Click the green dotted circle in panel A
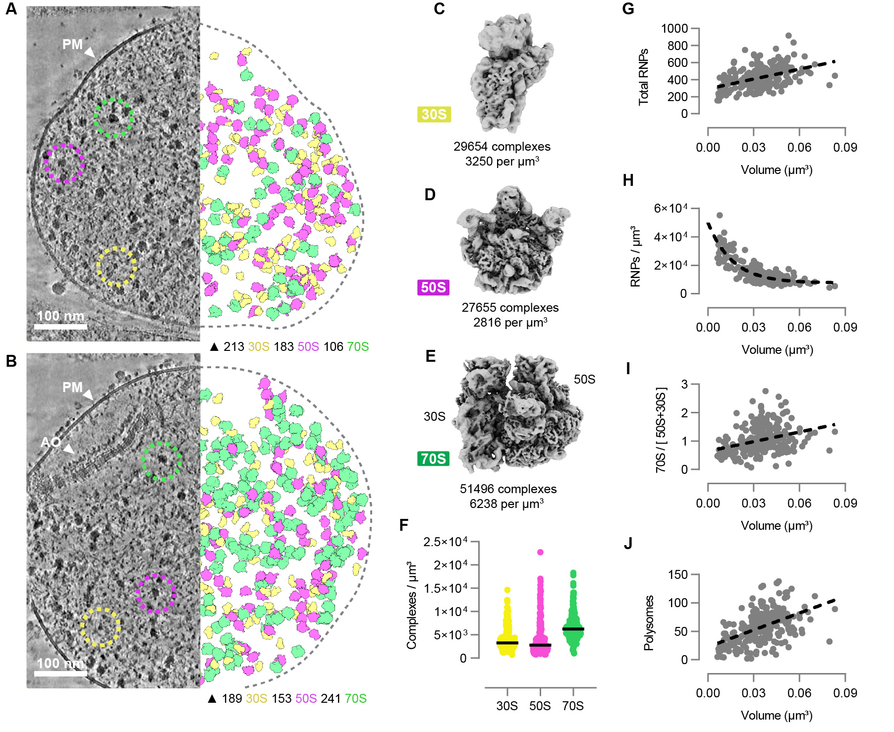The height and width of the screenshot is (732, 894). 113,117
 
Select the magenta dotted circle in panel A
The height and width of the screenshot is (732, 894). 64,163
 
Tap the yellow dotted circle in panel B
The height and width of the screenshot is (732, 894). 101,627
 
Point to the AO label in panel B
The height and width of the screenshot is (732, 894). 51,442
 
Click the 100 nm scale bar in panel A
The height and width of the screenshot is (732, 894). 60,326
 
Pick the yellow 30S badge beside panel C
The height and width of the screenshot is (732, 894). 434,114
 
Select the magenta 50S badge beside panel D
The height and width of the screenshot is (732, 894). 434,287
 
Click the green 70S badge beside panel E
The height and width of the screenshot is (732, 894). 434,458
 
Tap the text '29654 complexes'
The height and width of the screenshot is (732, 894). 502,147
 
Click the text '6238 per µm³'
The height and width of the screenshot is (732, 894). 506,504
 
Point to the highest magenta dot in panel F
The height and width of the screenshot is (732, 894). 540,552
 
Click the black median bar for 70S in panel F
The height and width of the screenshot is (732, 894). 573,629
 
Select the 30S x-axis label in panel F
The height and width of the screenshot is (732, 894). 507,706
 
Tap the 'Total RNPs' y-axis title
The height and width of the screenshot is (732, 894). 643,77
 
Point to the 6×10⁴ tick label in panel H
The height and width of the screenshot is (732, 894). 670,208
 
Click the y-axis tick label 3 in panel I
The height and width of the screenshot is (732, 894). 684,384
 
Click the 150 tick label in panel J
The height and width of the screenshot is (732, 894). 678,575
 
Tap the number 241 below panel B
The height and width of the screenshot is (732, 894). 331,699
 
